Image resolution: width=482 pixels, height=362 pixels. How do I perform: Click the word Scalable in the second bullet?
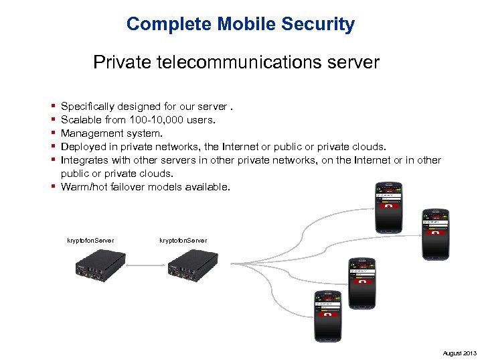coord(81,120)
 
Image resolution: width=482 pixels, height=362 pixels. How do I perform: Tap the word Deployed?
coord(83,147)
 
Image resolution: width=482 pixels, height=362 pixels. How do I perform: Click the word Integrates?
coord(84,160)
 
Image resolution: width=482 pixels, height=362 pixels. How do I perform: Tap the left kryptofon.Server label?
coord(90,240)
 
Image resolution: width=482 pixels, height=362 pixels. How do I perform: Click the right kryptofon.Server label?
coord(183,240)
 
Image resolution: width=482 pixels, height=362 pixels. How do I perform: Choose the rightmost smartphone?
coord(436,234)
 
